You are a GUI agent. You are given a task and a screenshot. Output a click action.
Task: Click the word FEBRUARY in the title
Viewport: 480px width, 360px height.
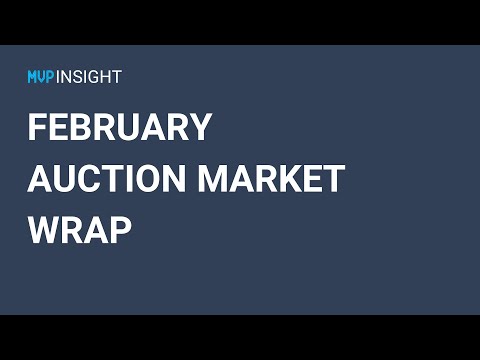click(x=119, y=128)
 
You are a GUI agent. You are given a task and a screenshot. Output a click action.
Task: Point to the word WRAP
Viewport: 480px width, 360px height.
click(x=80, y=230)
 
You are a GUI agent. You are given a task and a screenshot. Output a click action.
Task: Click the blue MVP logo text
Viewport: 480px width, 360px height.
click(x=43, y=76)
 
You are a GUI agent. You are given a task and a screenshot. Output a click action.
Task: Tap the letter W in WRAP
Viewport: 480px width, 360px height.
click(x=45, y=230)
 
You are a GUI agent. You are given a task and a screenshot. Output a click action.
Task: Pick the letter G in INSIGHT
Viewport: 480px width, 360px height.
click(x=97, y=76)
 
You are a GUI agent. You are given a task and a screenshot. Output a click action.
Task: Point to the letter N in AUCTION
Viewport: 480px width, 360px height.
click(x=173, y=179)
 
